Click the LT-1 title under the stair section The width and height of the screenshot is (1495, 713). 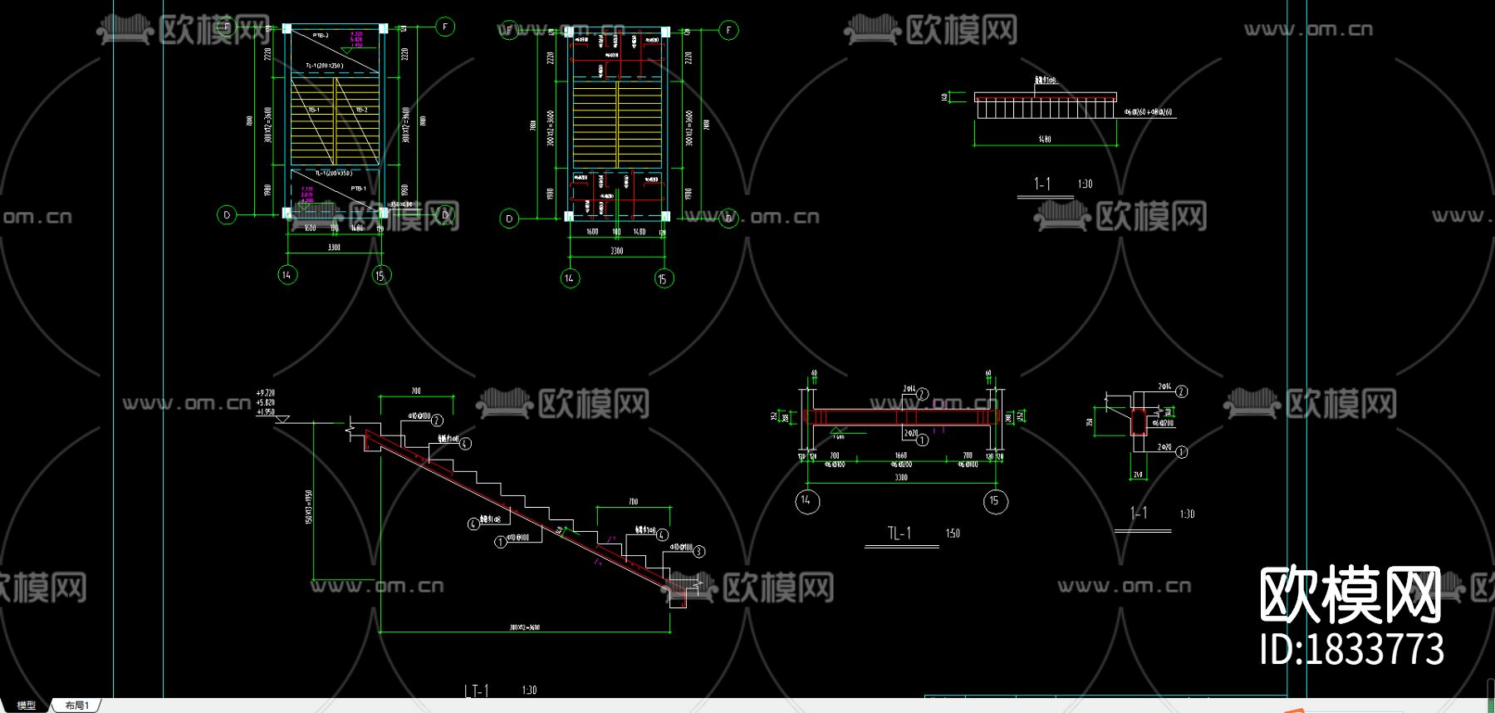click(x=476, y=691)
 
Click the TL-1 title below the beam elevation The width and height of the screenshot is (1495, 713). click(x=899, y=534)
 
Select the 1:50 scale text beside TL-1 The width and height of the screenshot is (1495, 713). click(x=953, y=534)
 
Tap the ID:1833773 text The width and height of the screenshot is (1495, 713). click(x=1351, y=649)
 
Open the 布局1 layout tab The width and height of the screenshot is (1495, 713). click(x=76, y=706)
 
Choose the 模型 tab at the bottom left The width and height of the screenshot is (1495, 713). click(x=27, y=706)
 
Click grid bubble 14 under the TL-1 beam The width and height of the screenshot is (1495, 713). click(x=806, y=501)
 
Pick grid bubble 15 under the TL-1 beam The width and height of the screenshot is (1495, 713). click(x=995, y=501)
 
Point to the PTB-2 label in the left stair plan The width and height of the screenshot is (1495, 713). click(x=321, y=36)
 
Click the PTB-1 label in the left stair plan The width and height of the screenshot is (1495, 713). click(x=358, y=189)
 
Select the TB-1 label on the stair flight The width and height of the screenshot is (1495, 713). click(x=314, y=110)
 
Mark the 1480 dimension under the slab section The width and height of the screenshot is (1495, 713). click(x=1045, y=140)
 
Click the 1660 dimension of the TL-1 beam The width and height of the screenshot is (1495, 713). click(x=901, y=456)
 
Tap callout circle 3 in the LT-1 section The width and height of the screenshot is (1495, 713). click(x=699, y=551)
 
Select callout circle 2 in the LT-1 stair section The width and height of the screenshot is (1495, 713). click(x=437, y=420)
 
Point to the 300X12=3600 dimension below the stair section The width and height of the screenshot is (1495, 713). click(x=525, y=627)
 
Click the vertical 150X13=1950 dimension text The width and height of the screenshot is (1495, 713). click(x=309, y=507)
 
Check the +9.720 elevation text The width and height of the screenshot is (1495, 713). click(x=265, y=393)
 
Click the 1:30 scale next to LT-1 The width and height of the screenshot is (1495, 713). click(x=529, y=691)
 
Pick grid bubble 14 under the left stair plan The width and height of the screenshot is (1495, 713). click(x=287, y=275)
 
